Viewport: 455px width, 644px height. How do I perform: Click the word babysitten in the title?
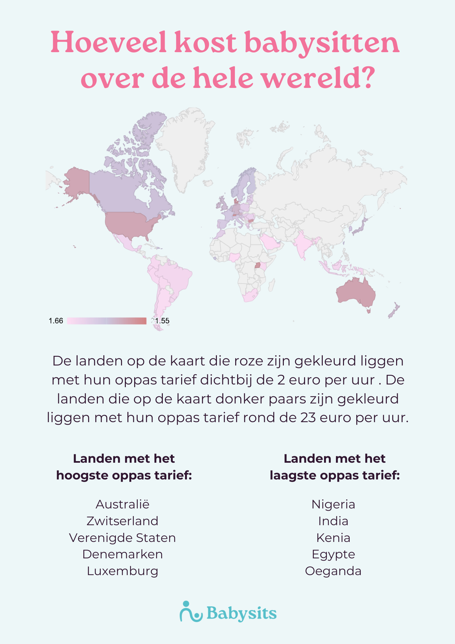(322, 43)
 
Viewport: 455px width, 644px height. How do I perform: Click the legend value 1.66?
(56, 321)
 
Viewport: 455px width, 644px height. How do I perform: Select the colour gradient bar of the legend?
(107, 321)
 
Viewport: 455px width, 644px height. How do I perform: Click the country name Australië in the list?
(122, 504)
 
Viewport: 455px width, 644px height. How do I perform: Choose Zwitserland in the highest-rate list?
(122, 521)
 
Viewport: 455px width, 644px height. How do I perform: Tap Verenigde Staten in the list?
(122, 538)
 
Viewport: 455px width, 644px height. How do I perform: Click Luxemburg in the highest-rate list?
(122, 571)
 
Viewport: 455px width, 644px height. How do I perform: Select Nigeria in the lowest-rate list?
(333, 504)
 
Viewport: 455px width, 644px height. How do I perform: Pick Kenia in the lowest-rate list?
(333, 538)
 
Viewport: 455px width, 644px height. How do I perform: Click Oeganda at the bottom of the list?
(333, 571)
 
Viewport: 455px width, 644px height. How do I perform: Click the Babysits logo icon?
(190, 611)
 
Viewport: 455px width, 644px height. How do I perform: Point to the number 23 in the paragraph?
(308, 418)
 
